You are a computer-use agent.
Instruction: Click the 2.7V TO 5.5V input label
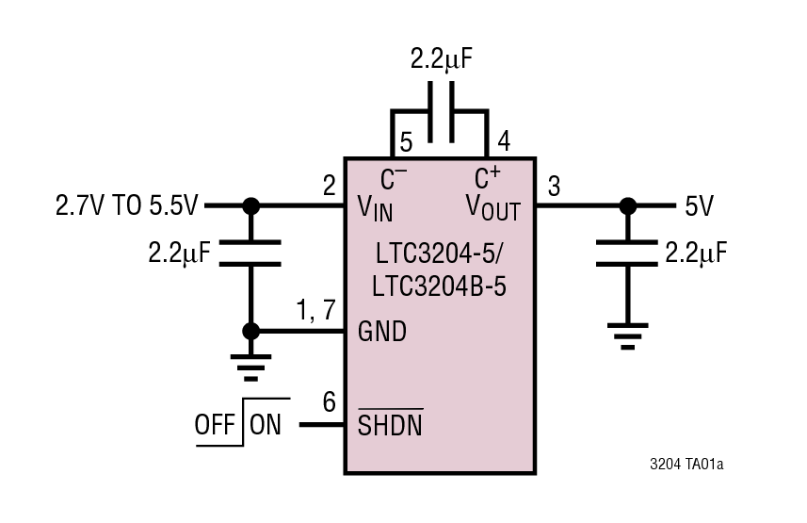click(128, 205)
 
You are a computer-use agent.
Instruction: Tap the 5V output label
click(699, 205)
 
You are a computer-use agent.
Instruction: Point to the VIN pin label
click(376, 207)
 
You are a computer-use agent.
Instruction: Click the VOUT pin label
click(492, 207)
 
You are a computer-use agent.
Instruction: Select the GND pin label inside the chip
click(382, 332)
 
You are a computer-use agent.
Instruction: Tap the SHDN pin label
click(390, 425)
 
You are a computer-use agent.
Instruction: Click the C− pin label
click(394, 177)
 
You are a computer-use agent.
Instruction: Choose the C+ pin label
click(487, 177)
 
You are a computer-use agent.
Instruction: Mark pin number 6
click(329, 402)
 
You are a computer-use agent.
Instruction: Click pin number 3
click(554, 187)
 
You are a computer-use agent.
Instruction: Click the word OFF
click(216, 425)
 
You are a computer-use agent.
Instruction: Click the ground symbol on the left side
click(250, 367)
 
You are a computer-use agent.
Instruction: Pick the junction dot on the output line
click(627, 205)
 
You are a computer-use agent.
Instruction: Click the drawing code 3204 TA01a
click(693, 465)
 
